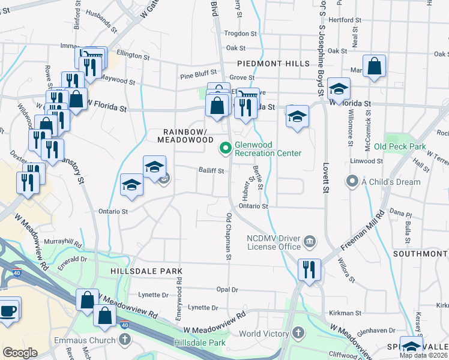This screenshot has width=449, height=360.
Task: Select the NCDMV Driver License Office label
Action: coord(273,242)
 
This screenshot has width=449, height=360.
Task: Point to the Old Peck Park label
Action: coord(399,146)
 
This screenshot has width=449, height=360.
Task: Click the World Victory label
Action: coord(266,334)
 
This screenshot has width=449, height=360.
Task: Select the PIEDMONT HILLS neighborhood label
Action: coord(273,63)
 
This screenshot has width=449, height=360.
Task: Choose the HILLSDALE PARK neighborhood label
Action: coord(142,271)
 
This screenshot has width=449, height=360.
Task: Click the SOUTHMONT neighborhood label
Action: coord(420,254)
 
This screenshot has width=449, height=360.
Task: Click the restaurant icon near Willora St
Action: coord(310,269)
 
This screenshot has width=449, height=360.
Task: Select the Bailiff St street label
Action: coord(211,171)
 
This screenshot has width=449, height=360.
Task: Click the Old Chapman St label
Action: coord(229,236)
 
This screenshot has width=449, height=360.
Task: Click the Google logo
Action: coord(20,353)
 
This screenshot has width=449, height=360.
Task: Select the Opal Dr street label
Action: coord(227,289)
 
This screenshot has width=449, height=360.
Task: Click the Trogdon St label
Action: coord(240,34)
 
